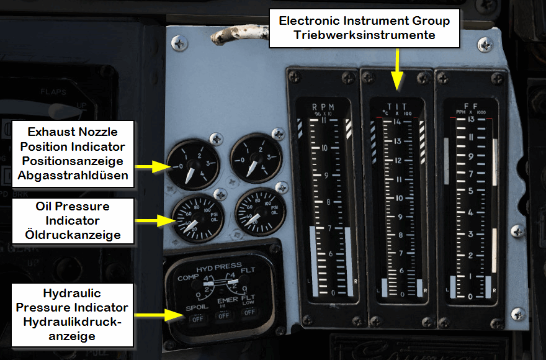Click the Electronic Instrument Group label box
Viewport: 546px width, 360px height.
point(364,29)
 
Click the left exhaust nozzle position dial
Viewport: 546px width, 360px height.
point(192,161)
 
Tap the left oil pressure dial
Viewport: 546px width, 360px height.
point(195,217)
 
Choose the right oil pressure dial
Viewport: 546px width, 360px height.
point(259,213)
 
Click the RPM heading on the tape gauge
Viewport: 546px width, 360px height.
point(323,106)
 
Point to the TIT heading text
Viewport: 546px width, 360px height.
point(395,106)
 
